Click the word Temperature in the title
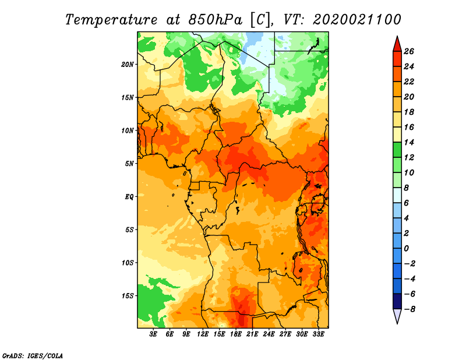111,20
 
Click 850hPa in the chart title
216,20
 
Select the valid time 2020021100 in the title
357,20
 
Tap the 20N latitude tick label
128,65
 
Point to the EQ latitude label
129,197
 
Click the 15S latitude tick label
128,296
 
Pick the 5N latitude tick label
129,164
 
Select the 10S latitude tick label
128,263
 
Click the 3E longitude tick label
153,334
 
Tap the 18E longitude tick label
236,334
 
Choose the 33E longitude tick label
318,334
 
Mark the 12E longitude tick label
203,334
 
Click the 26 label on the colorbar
409,51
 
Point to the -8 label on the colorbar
409,309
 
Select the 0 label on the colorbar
407,249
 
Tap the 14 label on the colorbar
409,142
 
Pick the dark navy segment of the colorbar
397,301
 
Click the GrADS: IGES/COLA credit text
33,356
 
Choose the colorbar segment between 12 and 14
397,150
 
